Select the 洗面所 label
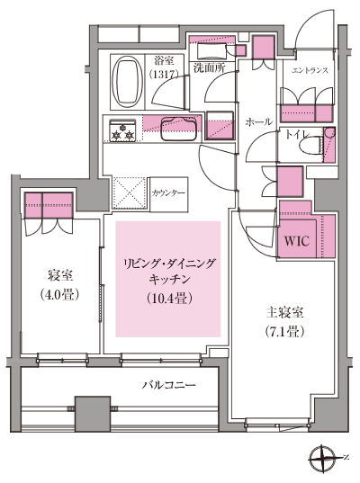(209, 68)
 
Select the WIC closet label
(297, 242)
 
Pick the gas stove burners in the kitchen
(122, 132)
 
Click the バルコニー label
(168, 385)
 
